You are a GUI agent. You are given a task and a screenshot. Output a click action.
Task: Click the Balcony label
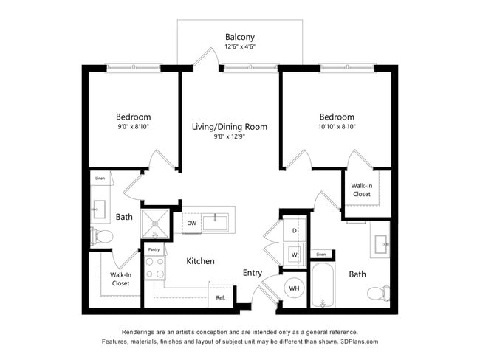(x=240, y=36)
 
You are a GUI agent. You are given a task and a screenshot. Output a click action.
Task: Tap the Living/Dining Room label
(x=230, y=127)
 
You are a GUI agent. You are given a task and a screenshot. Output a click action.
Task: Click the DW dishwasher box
(x=191, y=223)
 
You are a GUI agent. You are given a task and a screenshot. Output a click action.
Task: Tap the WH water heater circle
(x=294, y=288)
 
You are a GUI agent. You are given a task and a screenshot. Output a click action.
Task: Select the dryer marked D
(x=293, y=231)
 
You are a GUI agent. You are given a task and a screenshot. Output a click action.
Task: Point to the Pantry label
(x=154, y=250)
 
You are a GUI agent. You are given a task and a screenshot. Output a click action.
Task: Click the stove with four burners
(x=154, y=268)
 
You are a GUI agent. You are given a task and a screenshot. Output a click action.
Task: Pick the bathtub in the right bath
(x=323, y=287)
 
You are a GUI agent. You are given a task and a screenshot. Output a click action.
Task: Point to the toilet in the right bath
(x=378, y=294)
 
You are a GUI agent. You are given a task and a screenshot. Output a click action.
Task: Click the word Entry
(x=253, y=273)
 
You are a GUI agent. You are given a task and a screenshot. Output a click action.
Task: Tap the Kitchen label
(x=200, y=261)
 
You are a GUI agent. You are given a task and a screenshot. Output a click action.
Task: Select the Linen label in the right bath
(x=320, y=255)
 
